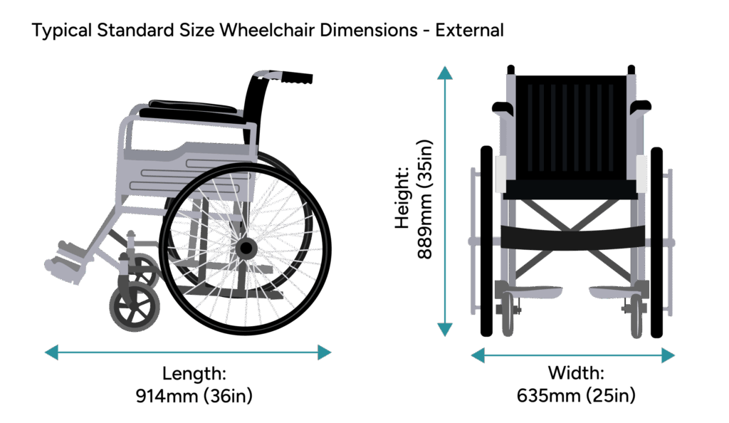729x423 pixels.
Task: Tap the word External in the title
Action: tap(469, 30)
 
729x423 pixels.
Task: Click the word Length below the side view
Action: tap(194, 374)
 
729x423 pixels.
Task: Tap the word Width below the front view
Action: tap(575, 373)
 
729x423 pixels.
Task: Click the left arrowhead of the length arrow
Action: tap(51, 352)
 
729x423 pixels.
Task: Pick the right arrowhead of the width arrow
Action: tap(668, 355)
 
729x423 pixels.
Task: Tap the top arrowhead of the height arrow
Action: tap(445, 73)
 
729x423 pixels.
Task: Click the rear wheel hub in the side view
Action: tap(246, 249)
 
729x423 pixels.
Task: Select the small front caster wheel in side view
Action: tap(135, 307)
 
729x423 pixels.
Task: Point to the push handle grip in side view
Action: tap(295, 78)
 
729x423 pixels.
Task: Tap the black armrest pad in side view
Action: tap(193, 111)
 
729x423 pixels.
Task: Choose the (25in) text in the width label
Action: tap(610, 395)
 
